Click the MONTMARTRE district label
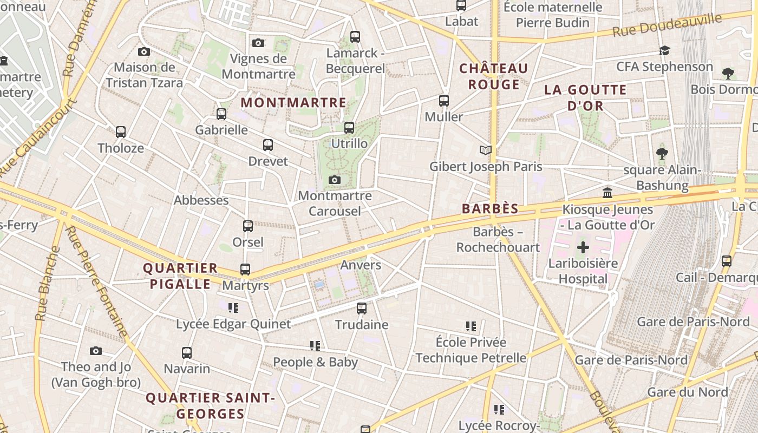pos(293,102)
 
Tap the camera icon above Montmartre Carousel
pos(335,180)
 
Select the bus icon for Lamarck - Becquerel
pos(355,37)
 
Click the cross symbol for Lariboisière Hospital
pos(583,248)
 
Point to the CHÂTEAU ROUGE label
pos(493,76)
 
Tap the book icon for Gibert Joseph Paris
pos(486,150)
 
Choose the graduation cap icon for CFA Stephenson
pos(664,50)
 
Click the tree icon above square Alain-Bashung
pos(662,154)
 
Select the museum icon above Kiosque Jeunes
pos(607,193)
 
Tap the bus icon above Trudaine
pos(362,309)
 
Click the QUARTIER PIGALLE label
pos(180,276)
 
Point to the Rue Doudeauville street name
pos(667,25)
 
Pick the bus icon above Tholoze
pos(121,132)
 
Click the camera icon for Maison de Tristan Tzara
pos(143,51)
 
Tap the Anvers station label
pos(361,265)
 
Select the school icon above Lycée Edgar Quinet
pos(233,308)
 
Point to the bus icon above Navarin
pos(187,353)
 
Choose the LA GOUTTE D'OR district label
pos(585,97)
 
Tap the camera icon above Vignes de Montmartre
pos(258,43)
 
